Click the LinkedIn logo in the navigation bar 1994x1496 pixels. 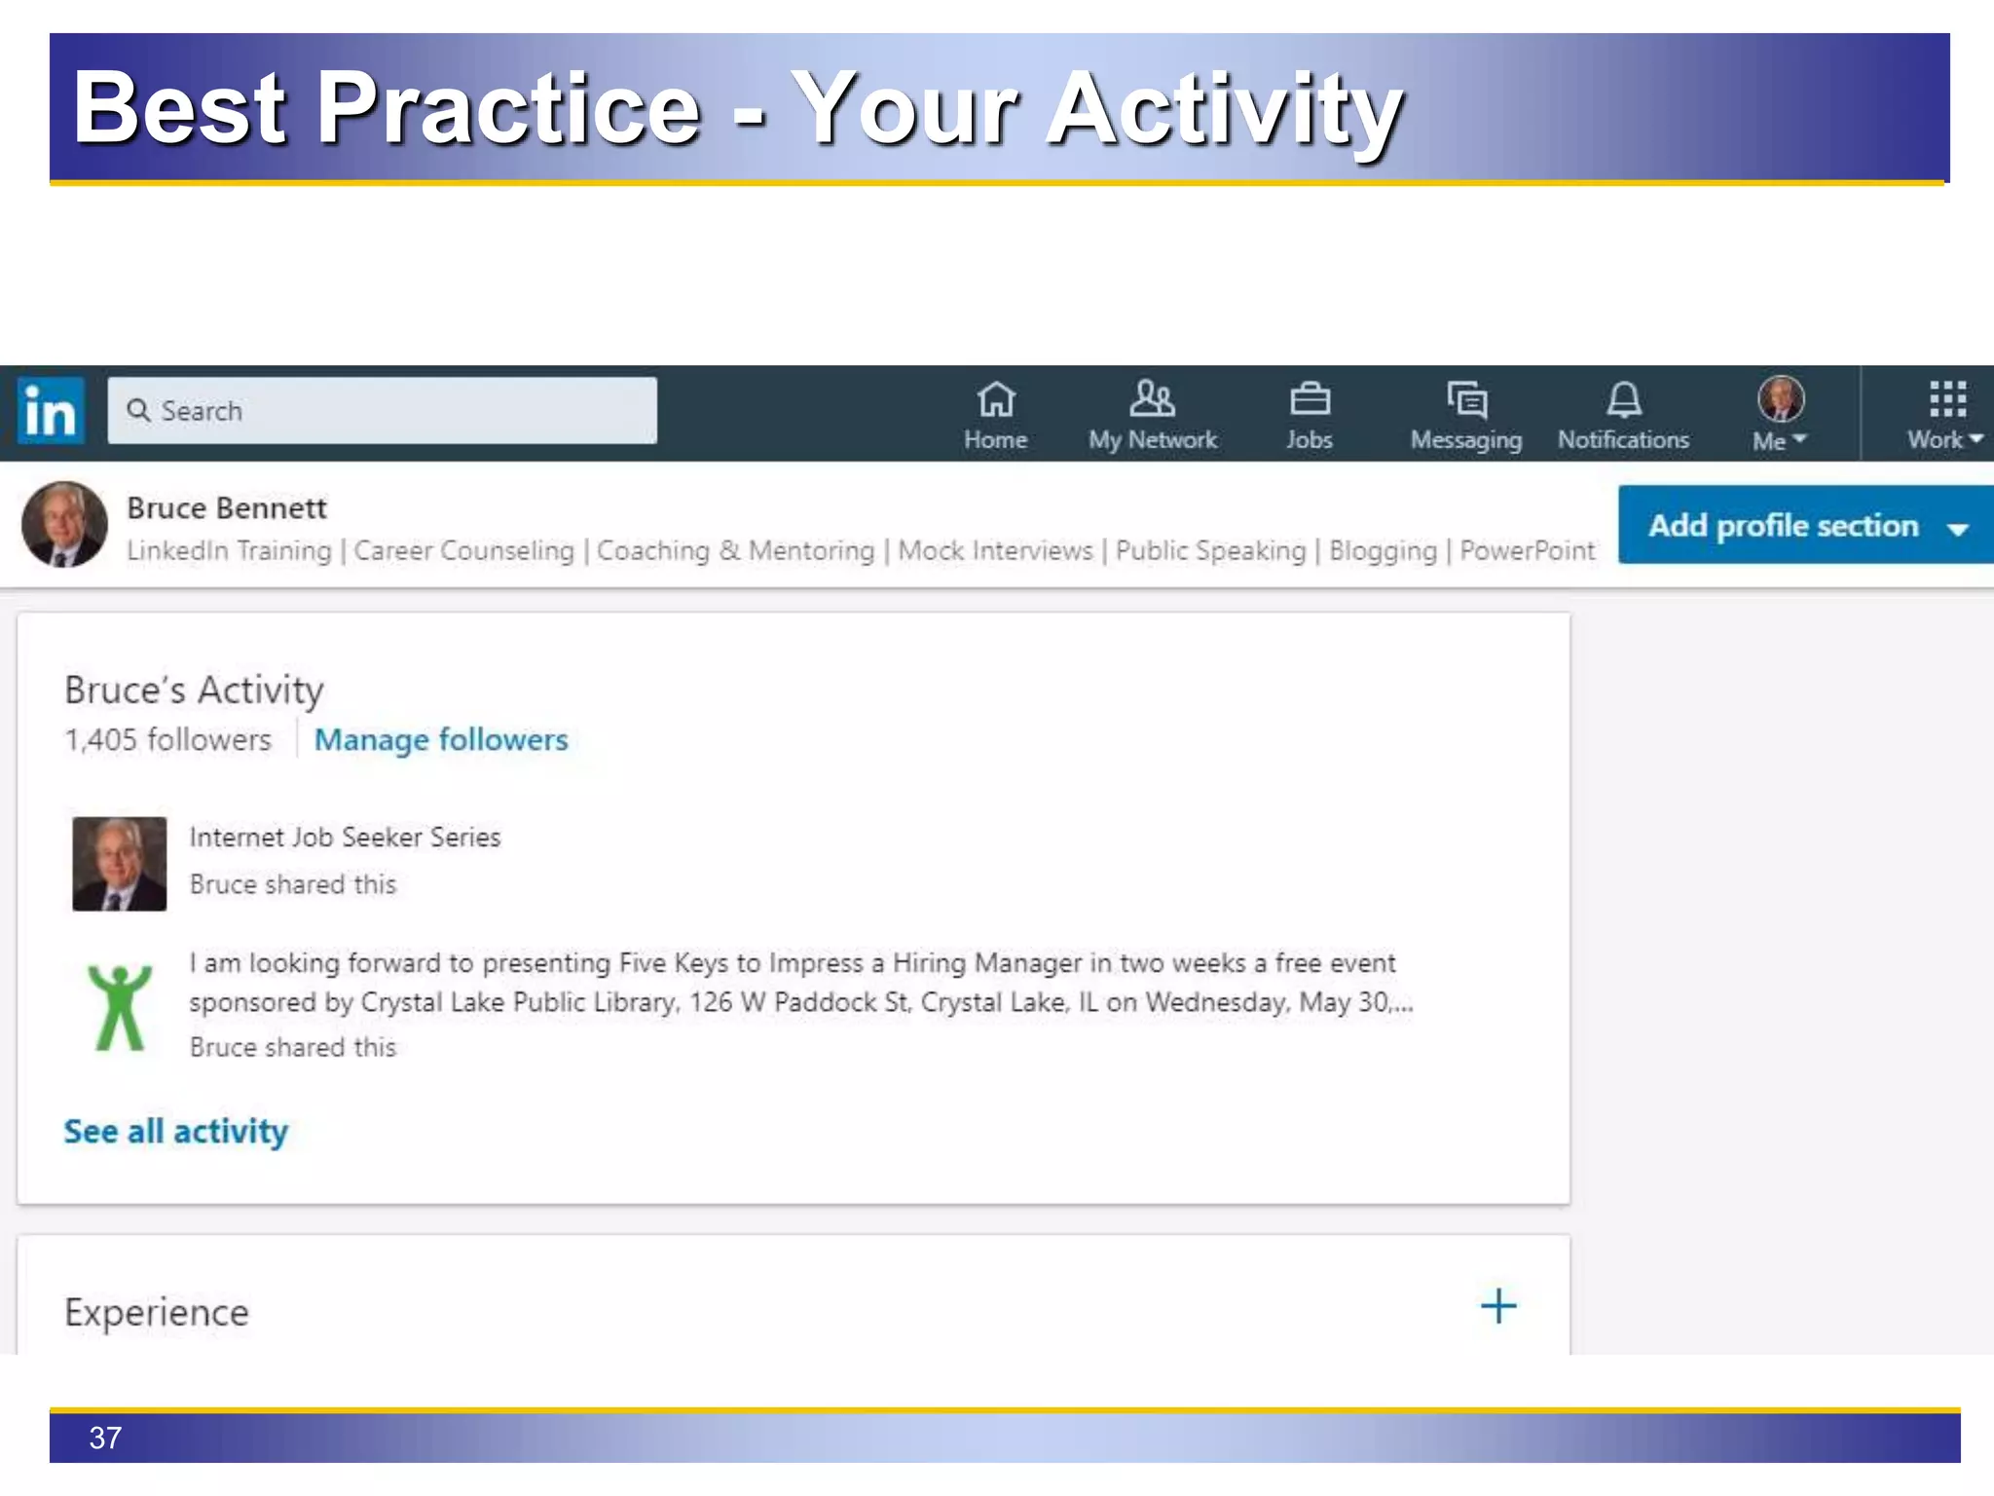pyautogui.click(x=51, y=411)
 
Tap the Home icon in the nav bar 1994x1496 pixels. pyautogui.click(x=995, y=400)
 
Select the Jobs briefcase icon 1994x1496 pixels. pyautogui.click(x=1310, y=400)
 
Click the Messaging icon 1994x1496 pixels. pyautogui.click(x=1466, y=400)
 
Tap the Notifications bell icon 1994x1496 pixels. pyautogui.click(x=1623, y=400)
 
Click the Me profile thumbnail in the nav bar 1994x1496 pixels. pyautogui.click(x=1781, y=399)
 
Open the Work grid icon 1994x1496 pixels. pyautogui.click(x=1947, y=400)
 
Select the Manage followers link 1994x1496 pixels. pyautogui.click(x=441, y=740)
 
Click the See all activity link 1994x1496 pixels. pyautogui.click(x=176, y=1132)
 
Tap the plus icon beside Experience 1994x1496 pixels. pyautogui.click(x=1498, y=1306)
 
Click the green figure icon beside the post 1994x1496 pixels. pyautogui.click(x=120, y=1007)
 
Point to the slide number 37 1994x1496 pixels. pyautogui.click(x=105, y=1438)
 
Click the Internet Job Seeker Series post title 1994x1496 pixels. pyautogui.click(x=345, y=838)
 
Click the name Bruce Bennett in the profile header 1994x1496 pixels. pyautogui.click(x=227, y=508)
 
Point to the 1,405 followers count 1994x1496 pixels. pyautogui.click(x=168, y=740)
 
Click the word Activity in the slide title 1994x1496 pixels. pyautogui.click(x=1225, y=109)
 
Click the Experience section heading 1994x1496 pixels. pyautogui.click(x=157, y=1313)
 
